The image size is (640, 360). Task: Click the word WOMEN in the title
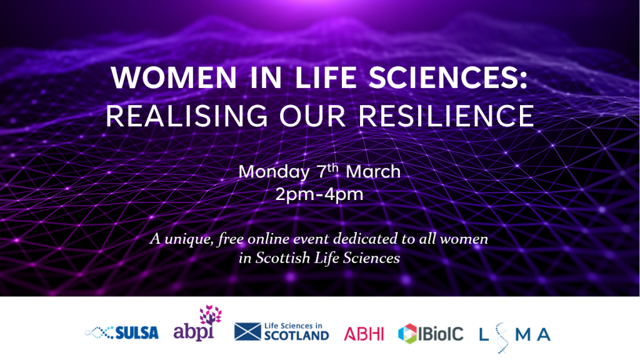tap(174, 77)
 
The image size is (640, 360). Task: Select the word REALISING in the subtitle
tap(187, 116)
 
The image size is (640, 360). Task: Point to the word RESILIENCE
tap(446, 116)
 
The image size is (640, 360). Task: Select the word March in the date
tap(373, 171)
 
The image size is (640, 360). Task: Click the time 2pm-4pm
tap(319, 194)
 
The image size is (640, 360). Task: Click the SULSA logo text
tap(137, 333)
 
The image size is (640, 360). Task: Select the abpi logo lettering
tap(194, 332)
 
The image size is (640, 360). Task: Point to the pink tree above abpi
tap(211, 315)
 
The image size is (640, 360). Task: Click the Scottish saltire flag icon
tap(247, 331)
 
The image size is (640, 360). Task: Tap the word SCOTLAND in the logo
tap(296, 336)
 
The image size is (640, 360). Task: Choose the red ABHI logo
tap(364, 334)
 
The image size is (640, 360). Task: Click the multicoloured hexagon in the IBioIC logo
tap(407, 334)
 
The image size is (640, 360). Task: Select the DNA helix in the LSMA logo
tap(502, 337)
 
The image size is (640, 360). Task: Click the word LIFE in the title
tap(325, 77)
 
